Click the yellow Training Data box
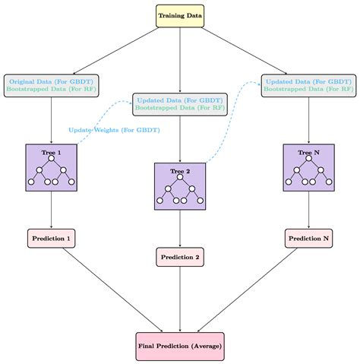click(x=180, y=15)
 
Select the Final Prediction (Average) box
click(x=180, y=347)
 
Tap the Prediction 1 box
click(x=51, y=238)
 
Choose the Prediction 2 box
click(x=180, y=257)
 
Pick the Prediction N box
click(x=308, y=238)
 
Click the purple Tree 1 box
click(x=51, y=168)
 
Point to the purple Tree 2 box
click(x=180, y=187)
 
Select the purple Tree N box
click(x=308, y=168)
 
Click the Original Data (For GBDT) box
click(x=51, y=84)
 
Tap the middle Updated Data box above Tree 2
click(x=180, y=103)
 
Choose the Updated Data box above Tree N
click(x=308, y=84)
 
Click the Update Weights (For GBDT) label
click(x=114, y=130)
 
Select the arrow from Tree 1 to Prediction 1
click(x=51, y=209)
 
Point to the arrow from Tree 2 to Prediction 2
click(x=180, y=228)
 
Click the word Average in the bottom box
click(x=205, y=347)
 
